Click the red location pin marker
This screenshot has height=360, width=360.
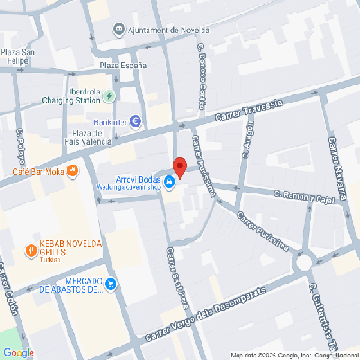click(x=179, y=167)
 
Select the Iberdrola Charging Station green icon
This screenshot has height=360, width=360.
click(x=110, y=96)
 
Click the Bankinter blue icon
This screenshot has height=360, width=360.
click(x=135, y=121)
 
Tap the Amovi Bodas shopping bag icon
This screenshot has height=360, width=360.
click(x=170, y=184)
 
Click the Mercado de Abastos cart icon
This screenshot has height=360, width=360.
click(x=111, y=285)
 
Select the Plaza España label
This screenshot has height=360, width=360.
click(x=122, y=66)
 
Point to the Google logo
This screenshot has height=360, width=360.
click(x=18, y=352)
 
